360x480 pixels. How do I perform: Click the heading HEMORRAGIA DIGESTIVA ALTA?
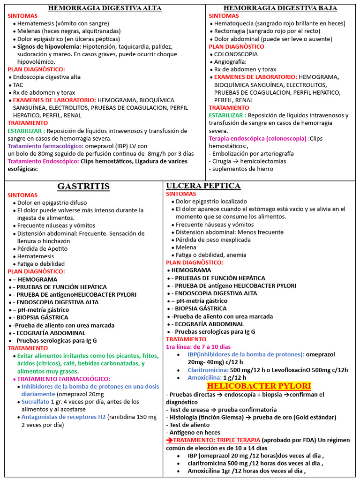point(105,8)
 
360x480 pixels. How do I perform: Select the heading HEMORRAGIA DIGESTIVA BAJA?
point(280,8)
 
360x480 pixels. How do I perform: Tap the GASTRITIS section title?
point(83,187)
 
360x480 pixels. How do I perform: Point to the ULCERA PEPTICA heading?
point(203,186)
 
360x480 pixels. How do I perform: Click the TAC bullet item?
point(18,85)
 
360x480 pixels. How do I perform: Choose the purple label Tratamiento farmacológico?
point(45,146)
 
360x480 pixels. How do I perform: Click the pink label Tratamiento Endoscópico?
point(43,161)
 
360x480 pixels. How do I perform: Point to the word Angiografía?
point(230,62)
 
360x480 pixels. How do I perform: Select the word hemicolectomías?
point(262,161)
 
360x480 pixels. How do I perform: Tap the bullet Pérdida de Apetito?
point(43,248)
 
